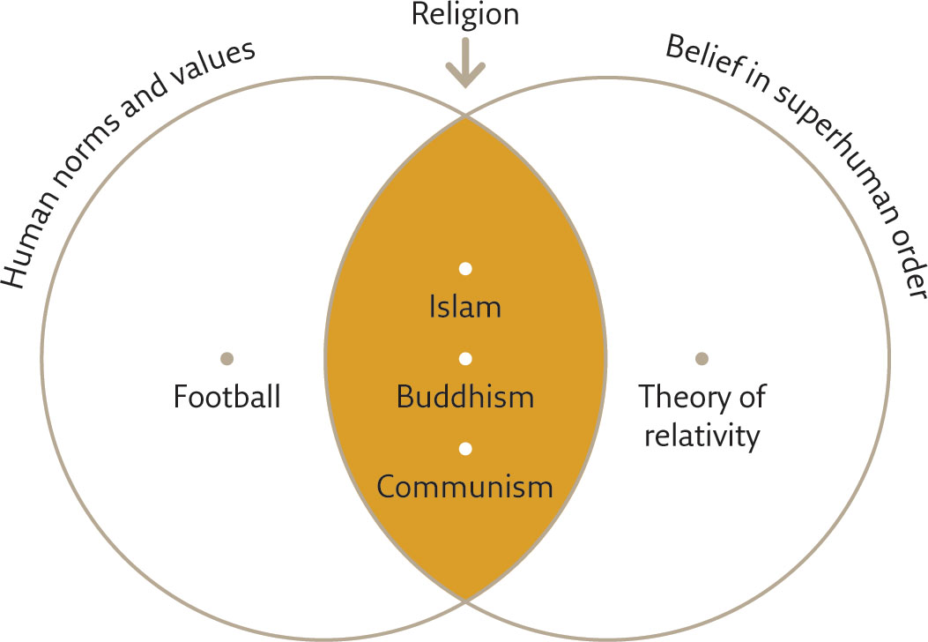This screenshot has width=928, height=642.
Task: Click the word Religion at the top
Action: [465, 14]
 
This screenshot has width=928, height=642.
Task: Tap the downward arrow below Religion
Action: [465, 63]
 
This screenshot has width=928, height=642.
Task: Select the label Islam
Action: [465, 307]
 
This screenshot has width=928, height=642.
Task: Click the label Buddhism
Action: [465, 396]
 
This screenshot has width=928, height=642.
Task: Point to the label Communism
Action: [465, 487]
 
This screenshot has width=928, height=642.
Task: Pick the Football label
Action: [226, 396]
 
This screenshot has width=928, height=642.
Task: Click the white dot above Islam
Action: [465, 269]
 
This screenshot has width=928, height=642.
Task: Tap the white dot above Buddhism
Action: [465, 358]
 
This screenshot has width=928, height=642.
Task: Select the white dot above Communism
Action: [465, 449]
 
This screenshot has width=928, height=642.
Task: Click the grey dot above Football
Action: [226, 358]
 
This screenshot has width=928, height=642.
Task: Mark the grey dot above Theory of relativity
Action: [702, 358]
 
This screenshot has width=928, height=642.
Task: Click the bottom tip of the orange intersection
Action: [466, 600]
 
